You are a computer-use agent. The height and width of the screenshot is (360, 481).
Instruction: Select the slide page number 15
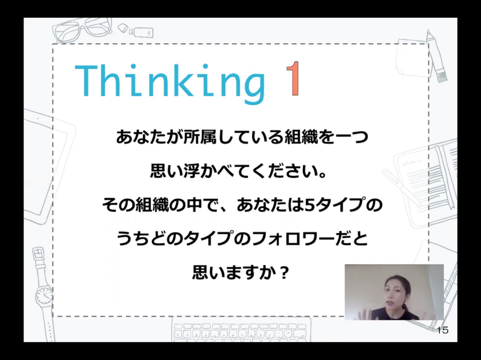click(443, 330)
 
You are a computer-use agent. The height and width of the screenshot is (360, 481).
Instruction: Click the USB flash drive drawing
click(141, 32)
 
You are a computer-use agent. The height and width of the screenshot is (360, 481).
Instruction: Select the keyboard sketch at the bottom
click(241, 331)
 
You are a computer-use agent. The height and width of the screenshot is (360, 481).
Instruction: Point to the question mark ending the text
click(284, 273)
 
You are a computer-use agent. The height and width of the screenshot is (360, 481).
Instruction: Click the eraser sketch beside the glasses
click(123, 27)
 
